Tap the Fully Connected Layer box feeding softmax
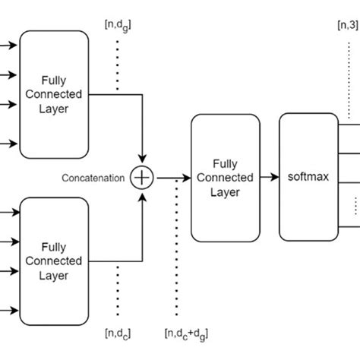coord(225,178)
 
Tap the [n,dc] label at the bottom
coord(117,332)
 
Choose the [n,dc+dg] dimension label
coord(187,332)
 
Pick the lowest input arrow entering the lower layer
coord(9,309)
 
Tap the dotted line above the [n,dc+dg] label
coord(177,251)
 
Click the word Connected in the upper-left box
coord(55,94)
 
